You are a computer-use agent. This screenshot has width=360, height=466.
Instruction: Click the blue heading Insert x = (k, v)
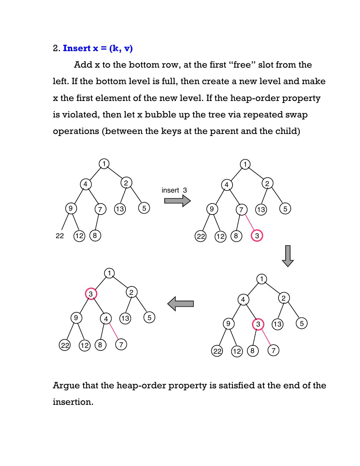98,48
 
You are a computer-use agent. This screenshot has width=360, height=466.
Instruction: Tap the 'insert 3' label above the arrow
174,190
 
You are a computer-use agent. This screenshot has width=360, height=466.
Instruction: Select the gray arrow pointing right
177,201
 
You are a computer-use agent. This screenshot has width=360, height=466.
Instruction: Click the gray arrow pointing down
288,256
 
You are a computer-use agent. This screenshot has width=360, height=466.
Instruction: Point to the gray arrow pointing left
180,304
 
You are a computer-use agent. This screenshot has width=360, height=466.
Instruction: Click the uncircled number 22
60,236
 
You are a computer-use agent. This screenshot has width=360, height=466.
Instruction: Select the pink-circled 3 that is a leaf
257,236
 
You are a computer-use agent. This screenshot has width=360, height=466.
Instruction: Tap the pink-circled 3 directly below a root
91,294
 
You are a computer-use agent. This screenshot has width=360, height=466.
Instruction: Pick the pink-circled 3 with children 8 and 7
258,324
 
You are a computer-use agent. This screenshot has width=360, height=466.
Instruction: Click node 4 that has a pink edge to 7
106,319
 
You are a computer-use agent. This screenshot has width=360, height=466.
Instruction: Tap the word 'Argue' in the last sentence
66,385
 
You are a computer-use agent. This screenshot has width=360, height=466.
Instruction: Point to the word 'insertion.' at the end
73,402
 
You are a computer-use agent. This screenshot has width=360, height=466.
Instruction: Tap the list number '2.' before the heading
57,48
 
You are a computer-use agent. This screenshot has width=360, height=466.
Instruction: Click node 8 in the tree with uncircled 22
95,235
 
